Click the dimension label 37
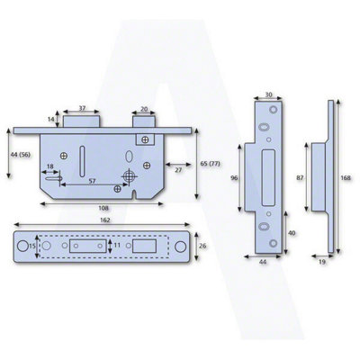pyautogui.click(x=82, y=108)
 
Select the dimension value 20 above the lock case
pyautogui.click(x=145, y=108)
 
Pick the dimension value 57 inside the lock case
pyautogui.click(x=92, y=181)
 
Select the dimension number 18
pyautogui.click(x=49, y=167)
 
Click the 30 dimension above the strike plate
pyautogui.click(x=269, y=92)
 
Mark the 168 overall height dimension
pyautogui.click(x=346, y=178)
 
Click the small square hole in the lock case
pyautogui.click(x=142, y=139)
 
